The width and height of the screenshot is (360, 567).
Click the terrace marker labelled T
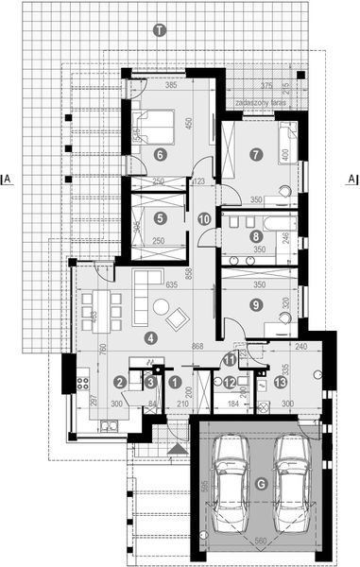point(160,31)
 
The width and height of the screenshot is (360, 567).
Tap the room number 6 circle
point(160,155)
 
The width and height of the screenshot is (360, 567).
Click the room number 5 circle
point(160,218)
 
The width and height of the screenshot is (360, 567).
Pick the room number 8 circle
point(255,236)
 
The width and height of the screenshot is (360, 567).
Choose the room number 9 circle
point(255,304)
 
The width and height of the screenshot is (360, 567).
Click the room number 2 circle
point(120,382)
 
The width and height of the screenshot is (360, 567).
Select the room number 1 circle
point(176,382)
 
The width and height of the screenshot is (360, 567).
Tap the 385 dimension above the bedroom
point(172,86)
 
